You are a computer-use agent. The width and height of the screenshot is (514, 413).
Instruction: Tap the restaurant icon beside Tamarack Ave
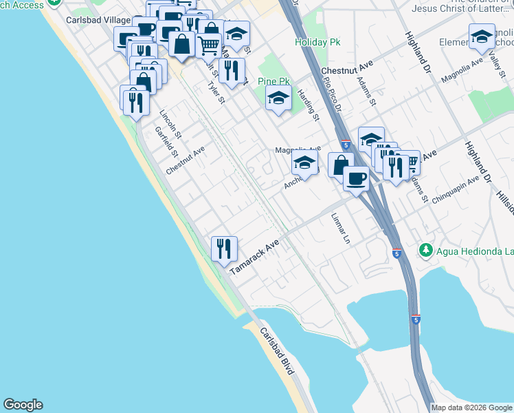[x=224, y=248]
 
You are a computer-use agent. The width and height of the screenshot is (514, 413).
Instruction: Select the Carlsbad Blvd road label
[x=278, y=351]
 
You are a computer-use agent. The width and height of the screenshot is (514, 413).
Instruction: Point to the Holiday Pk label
[x=318, y=42]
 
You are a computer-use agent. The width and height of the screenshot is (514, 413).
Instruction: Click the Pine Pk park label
[x=271, y=81]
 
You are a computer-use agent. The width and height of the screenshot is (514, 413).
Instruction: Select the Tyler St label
[x=216, y=94]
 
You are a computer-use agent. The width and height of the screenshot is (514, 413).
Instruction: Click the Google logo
[x=23, y=405]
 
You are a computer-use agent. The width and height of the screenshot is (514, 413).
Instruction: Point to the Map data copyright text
[x=471, y=407]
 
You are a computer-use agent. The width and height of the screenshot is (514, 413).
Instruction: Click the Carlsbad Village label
[x=89, y=20]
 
